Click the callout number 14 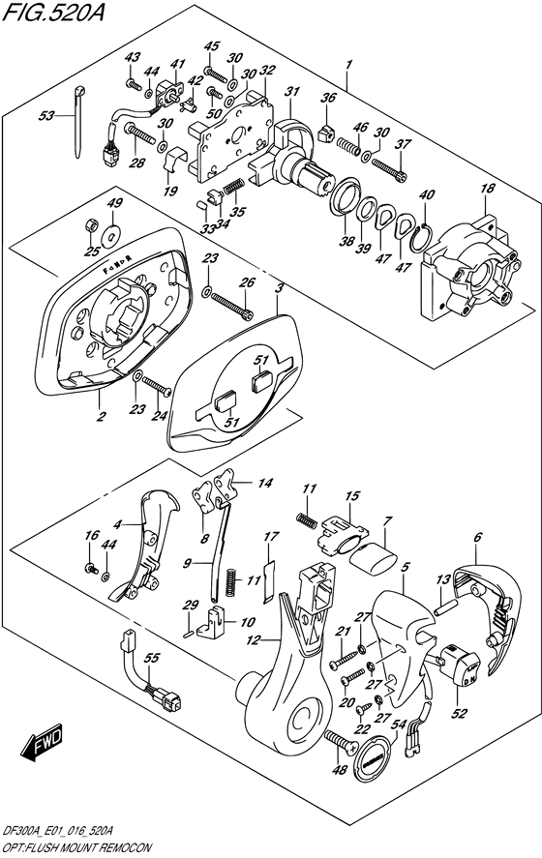tap(264, 482)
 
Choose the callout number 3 tap(278, 288)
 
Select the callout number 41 tap(177, 64)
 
